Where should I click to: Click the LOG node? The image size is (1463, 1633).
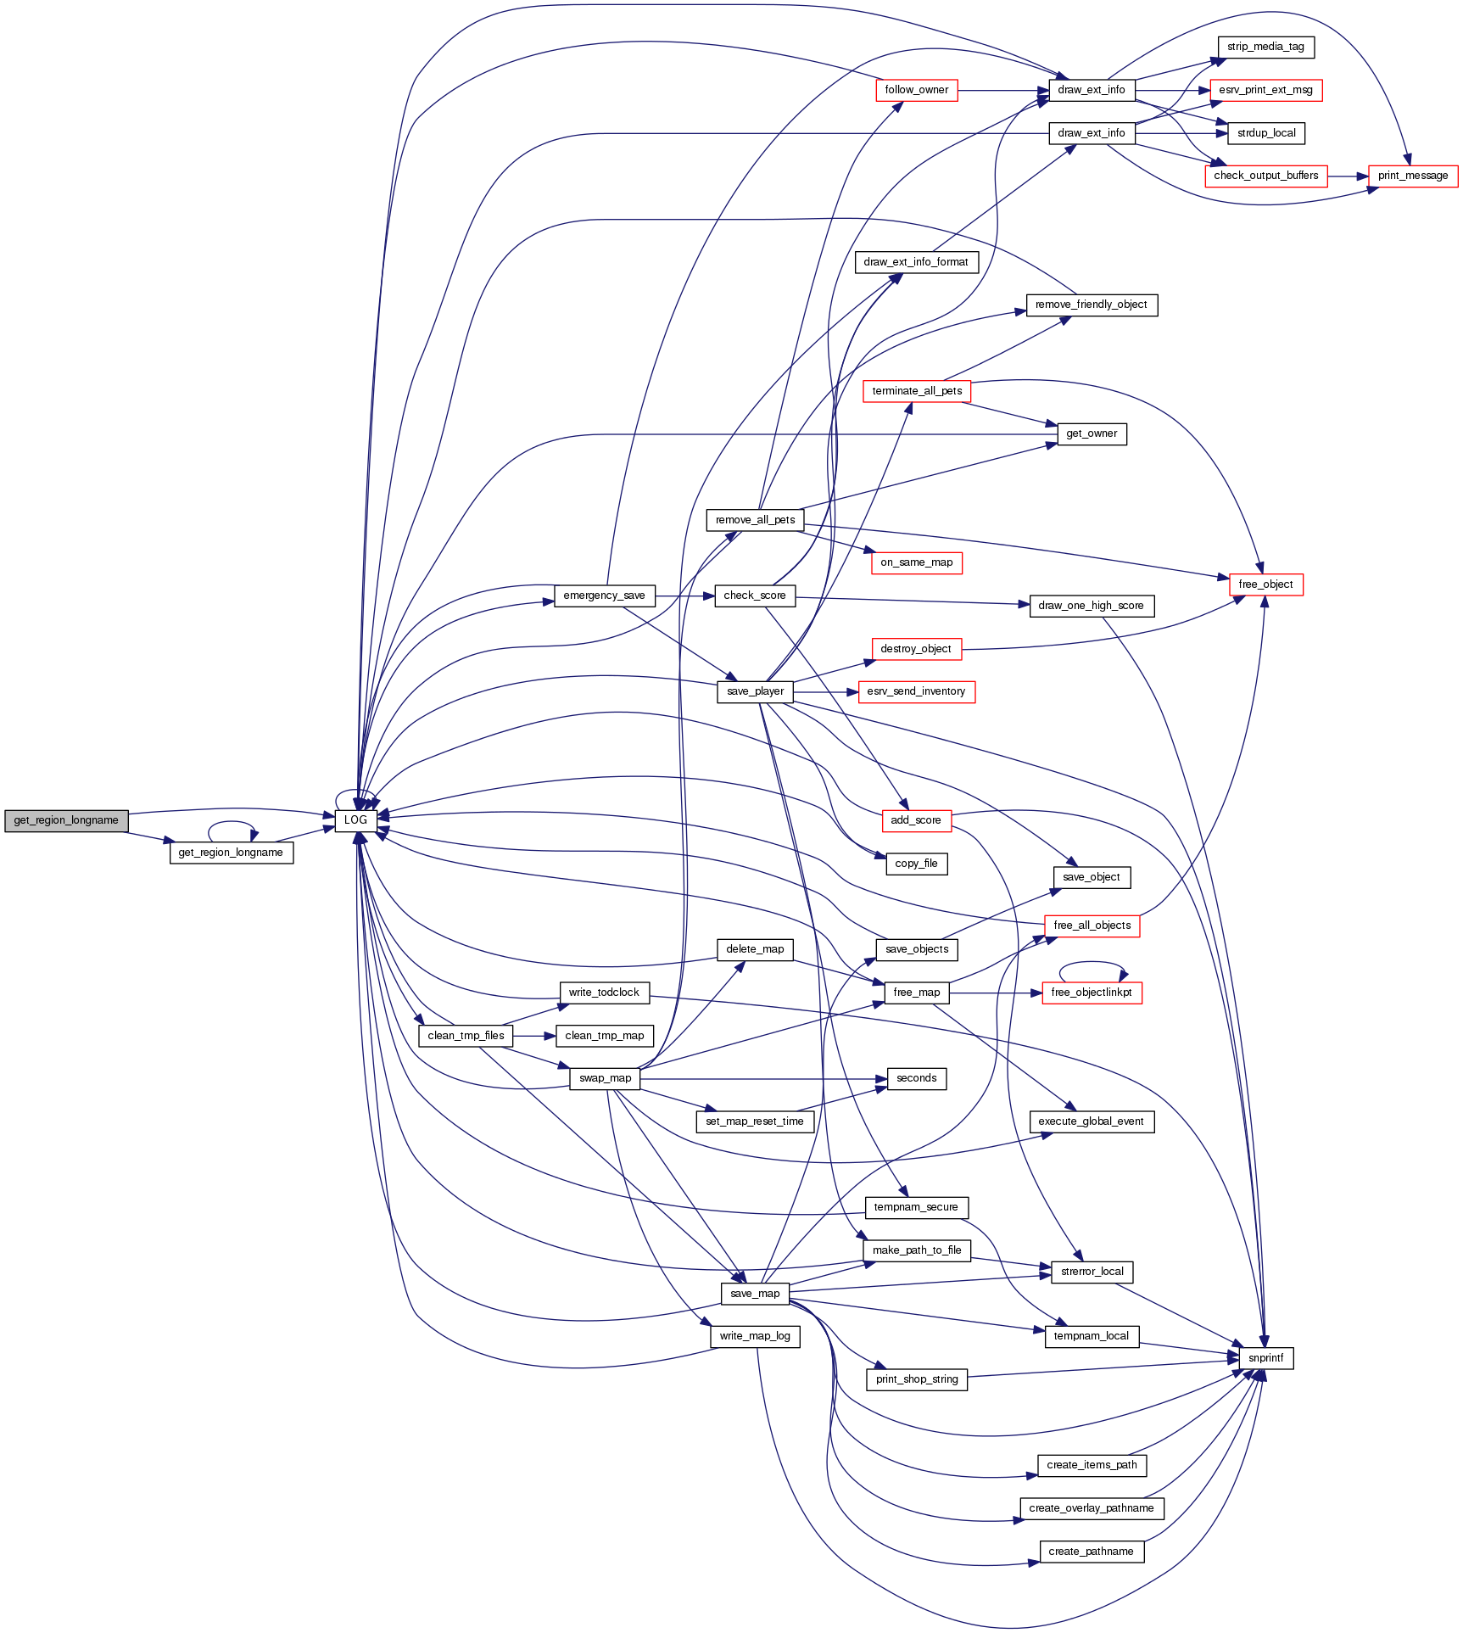point(355,820)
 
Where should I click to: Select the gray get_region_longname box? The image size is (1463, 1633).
point(66,820)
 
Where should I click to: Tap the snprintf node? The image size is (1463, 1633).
point(1265,1358)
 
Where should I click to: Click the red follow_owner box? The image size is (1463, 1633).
point(916,90)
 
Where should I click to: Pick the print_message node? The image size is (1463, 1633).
point(1412,176)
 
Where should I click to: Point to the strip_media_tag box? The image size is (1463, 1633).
point(1265,47)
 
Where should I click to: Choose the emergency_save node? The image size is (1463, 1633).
point(604,596)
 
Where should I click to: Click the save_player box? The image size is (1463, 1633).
point(755,691)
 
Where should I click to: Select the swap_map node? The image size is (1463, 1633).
point(605,1078)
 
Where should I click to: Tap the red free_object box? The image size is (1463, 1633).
point(1265,584)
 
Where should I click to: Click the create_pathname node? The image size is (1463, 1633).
point(1091,1552)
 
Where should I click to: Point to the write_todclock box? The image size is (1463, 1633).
point(604,993)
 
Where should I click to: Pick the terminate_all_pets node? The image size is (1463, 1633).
point(916,391)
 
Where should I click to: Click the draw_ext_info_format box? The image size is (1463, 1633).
point(916,262)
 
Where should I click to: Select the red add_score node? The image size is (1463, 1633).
point(916,820)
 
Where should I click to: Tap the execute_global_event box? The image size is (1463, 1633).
point(1091,1121)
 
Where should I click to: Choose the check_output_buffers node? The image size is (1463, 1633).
point(1265,176)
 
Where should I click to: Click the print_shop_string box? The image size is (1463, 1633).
point(916,1379)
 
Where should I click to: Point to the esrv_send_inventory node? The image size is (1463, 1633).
point(916,691)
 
